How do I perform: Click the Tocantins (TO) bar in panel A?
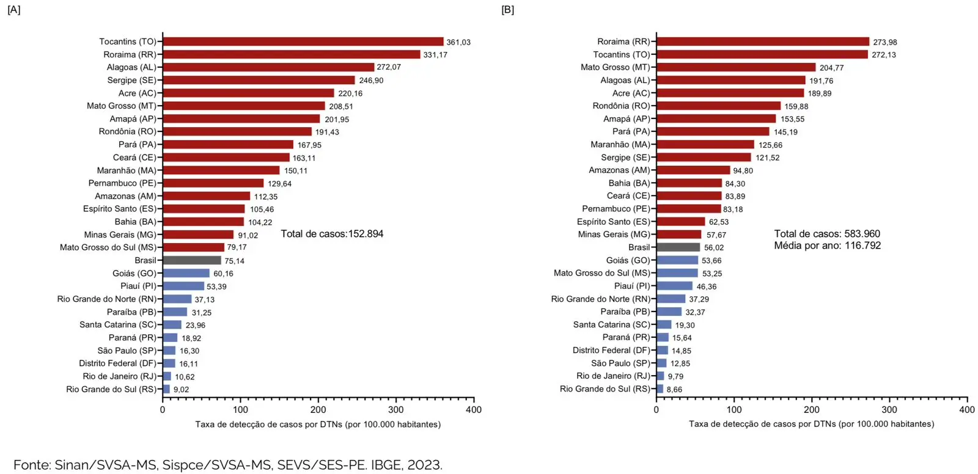[x=303, y=42]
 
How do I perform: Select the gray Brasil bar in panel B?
[x=678, y=247]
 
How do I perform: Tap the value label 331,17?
[x=435, y=55]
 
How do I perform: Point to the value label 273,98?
[x=884, y=42]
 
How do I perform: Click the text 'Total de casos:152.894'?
[x=332, y=234]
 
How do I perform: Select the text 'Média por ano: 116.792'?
[x=827, y=246]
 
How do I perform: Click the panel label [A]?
[x=13, y=10]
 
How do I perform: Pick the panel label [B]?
[x=507, y=10]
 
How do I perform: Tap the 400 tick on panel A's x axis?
[x=473, y=410]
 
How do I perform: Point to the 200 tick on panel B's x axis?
[x=811, y=410]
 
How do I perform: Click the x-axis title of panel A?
[x=318, y=425]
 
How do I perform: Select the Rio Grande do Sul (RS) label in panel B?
[x=605, y=389]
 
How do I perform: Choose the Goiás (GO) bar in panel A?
[x=186, y=273]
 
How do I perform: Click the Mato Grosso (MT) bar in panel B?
[x=735, y=67]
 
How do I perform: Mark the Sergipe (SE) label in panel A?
[x=131, y=80]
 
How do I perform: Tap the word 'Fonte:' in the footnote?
[x=32, y=465]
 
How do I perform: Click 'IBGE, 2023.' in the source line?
[x=407, y=465]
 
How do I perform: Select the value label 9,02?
[x=181, y=390]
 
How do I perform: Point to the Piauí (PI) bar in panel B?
[x=674, y=286]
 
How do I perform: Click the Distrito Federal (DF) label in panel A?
[x=117, y=363]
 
